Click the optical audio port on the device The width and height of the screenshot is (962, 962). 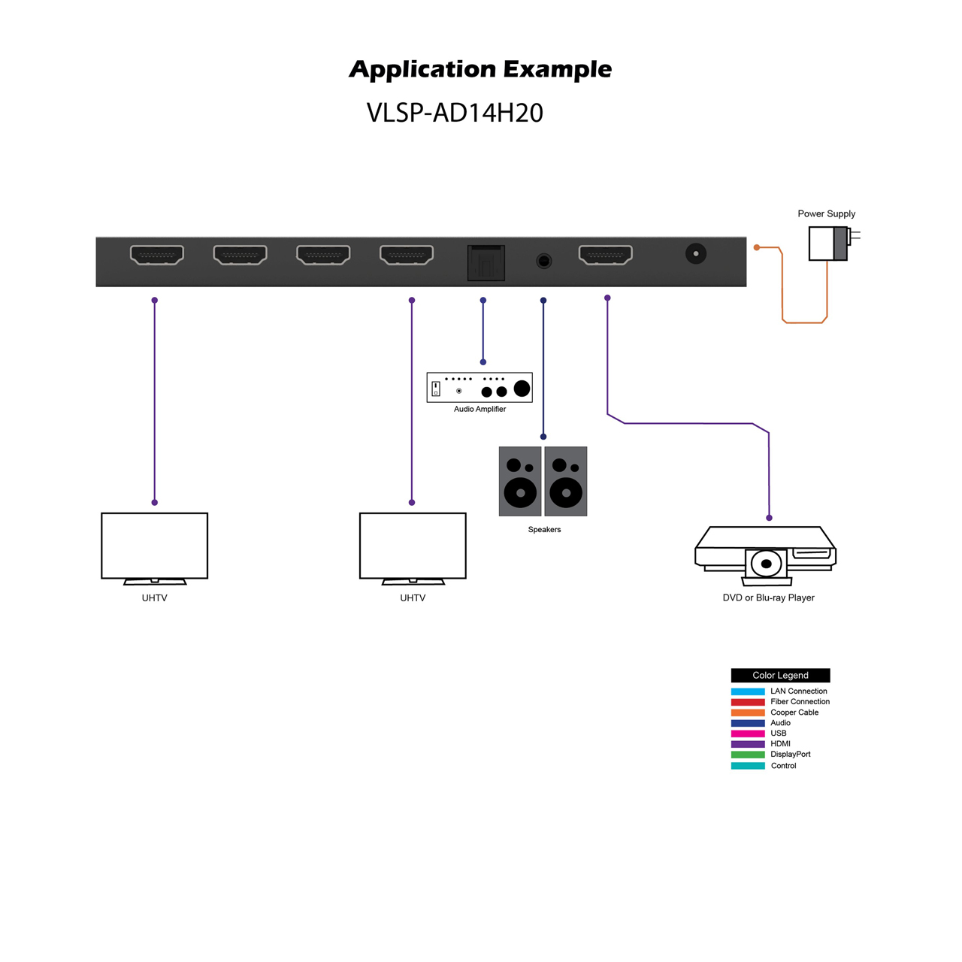pos(486,262)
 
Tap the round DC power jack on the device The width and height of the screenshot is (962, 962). pos(695,253)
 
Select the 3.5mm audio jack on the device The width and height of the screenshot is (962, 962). pos(543,261)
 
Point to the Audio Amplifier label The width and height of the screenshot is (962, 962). pos(479,409)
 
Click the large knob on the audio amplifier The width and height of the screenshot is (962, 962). pos(522,388)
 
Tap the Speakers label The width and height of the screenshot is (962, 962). pos(544,529)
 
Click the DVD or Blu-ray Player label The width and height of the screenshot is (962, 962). pos(768,597)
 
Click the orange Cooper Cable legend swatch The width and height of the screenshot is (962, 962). pos(747,712)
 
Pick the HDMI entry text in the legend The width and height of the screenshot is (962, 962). pos(780,744)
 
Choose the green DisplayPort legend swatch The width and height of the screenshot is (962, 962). pos(747,755)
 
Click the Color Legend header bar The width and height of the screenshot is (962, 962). pos(780,675)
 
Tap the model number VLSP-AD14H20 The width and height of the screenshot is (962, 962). pos(455,113)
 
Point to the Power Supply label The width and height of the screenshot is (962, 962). pos(826,213)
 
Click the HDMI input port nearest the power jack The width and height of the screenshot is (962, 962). pos(606,254)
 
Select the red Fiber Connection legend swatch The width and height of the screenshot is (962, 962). pos(747,702)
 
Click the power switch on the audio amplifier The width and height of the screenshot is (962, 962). pos(436,389)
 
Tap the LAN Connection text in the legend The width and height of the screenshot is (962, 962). pos(798,691)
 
